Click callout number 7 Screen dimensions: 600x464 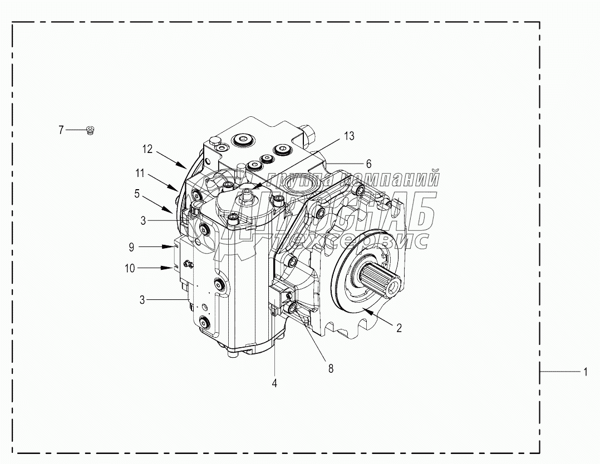point(61,130)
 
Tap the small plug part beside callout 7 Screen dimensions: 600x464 point(90,131)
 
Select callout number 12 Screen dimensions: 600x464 point(147,149)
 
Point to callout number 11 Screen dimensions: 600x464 point(140,174)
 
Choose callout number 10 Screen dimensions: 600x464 point(130,268)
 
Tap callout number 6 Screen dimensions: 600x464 point(368,164)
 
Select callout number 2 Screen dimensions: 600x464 point(399,328)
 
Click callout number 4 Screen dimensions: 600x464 point(274,383)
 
